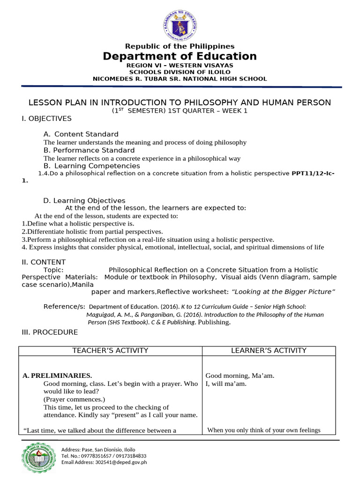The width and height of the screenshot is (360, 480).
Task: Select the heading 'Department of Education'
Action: (x=180, y=57)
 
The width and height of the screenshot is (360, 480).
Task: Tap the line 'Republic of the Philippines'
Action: (x=180, y=46)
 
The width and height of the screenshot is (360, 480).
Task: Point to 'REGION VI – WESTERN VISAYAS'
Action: (x=180, y=66)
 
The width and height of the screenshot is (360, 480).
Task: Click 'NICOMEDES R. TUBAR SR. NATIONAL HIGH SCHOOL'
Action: (x=180, y=79)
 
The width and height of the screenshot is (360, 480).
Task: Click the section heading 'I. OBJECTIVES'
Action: (x=47, y=119)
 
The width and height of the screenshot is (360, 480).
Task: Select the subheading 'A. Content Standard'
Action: (x=81, y=135)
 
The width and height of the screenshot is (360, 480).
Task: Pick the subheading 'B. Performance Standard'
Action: (x=89, y=150)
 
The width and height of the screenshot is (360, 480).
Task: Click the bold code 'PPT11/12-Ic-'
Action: (x=313, y=173)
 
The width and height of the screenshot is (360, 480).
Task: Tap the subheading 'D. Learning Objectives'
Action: (x=84, y=201)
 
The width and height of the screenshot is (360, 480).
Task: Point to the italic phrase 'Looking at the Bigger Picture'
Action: (x=284, y=292)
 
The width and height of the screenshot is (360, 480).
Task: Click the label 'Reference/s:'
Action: (x=64, y=307)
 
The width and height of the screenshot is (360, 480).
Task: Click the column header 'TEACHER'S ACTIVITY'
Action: (x=110, y=351)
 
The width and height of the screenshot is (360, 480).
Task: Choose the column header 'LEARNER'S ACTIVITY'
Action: (x=269, y=351)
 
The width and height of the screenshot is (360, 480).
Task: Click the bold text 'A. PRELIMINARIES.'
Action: (x=57, y=376)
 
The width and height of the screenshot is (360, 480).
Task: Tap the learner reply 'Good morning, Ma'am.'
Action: (x=240, y=376)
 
